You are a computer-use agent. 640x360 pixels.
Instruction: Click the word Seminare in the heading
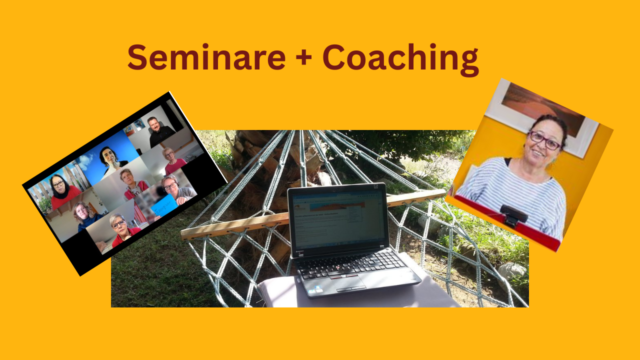point(206,57)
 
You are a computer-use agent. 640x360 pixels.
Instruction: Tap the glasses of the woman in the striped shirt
point(545,140)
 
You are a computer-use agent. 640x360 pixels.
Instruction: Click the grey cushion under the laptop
point(350,295)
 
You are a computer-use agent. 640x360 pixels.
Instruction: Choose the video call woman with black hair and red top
point(63,192)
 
